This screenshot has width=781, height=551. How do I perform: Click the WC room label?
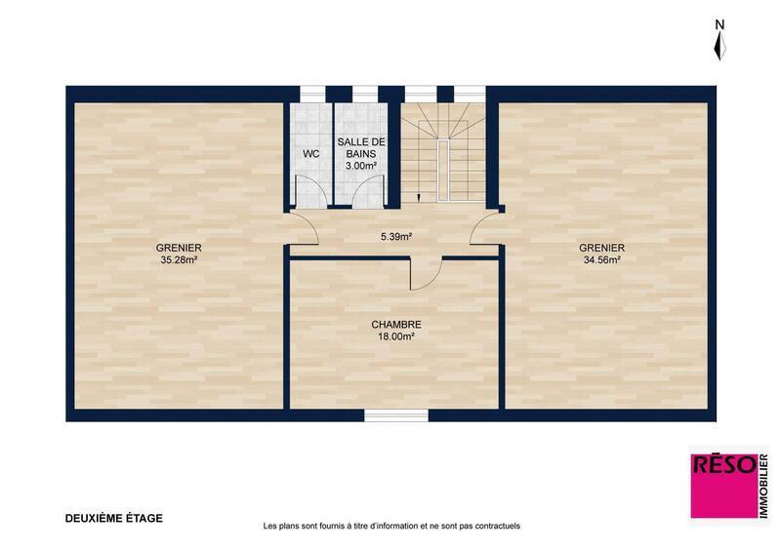coord(310,154)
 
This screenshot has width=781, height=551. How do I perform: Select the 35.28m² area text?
coord(179,260)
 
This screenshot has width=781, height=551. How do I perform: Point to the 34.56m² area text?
coord(601,260)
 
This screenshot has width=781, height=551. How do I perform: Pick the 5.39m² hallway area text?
coord(395,235)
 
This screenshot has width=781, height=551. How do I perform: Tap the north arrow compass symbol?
coord(719,44)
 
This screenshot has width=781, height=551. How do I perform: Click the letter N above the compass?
coord(719,23)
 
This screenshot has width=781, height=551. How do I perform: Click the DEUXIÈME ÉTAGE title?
coord(114,518)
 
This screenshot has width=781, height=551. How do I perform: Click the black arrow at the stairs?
coord(419,197)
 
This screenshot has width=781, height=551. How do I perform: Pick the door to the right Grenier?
coord(484,230)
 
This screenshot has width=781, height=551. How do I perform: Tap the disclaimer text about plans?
coord(391,526)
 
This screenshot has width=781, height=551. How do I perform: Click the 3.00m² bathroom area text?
coord(360,166)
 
